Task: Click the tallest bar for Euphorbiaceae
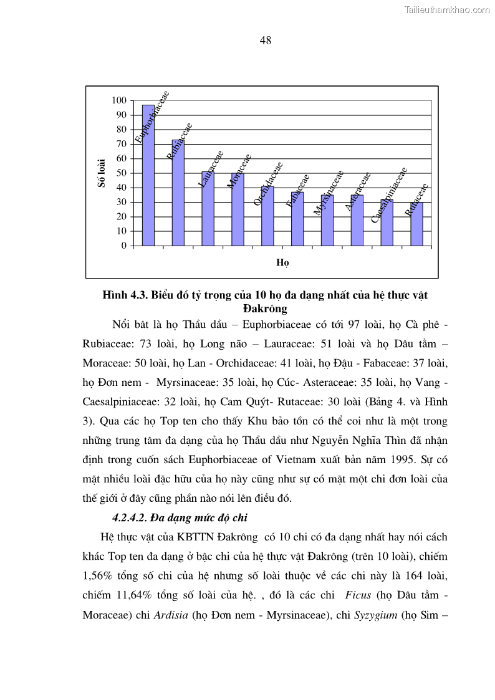[148, 178]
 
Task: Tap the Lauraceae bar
[208, 209]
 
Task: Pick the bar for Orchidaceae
[267, 216]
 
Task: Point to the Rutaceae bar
[416, 224]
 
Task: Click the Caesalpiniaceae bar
[387, 223]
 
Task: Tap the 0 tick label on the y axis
[123, 246]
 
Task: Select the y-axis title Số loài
[102, 173]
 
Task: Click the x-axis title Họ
[282, 262]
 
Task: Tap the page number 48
[265, 41]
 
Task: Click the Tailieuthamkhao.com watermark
[447, 9]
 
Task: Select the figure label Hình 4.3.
[125, 295]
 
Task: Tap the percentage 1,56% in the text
[100, 575]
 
